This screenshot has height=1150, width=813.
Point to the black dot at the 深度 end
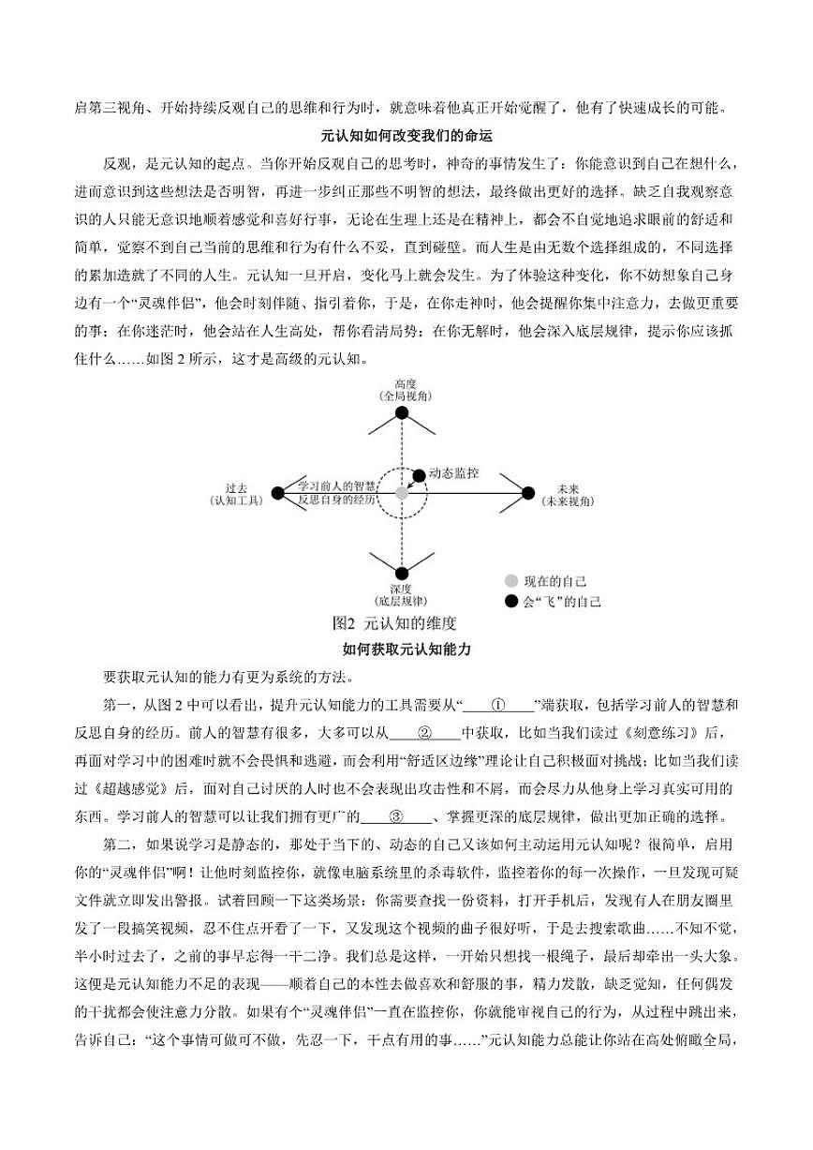402,574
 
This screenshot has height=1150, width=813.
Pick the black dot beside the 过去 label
277,493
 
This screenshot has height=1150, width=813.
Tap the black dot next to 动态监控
418,475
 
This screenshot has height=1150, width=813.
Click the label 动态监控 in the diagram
453,474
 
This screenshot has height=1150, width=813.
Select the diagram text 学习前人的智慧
337,485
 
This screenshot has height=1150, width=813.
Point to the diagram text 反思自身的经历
337,500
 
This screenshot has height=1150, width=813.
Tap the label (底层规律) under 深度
401,600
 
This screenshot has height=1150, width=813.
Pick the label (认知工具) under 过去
237,501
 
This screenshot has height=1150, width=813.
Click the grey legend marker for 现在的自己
511,581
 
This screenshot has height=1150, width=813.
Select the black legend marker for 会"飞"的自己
511,602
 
